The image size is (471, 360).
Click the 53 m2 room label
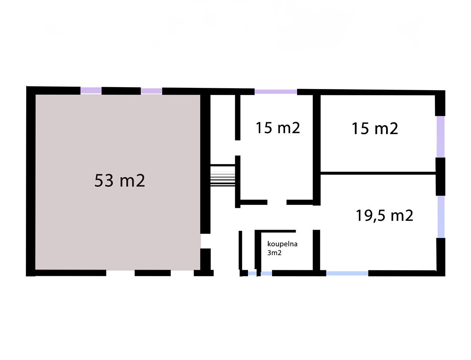(120, 181)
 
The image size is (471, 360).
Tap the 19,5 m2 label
(385, 216)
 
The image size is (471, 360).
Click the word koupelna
(282, 244)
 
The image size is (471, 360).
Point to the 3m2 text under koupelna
(274, 253)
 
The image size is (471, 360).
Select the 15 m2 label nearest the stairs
(278, 128)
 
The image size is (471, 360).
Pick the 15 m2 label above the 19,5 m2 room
(375, 129)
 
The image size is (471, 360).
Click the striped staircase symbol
(223, 175)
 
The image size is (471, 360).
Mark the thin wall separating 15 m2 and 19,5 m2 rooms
(378, 173)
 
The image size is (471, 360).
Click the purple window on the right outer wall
(440, 137)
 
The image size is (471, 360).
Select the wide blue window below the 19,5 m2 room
(347, 273)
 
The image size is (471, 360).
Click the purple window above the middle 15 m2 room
(276, 92)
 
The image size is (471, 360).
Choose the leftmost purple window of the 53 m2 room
(91, 90)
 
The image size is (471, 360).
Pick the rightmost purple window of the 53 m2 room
(151, 91)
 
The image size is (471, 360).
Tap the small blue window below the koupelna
(260, 273)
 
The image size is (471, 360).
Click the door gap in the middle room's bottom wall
(277, 202)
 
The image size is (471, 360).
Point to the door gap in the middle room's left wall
(238, 148)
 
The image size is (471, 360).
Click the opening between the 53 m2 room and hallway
(205, 241)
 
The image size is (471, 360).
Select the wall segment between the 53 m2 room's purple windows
(121, 91)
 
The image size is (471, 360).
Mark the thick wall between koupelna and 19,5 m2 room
(316, 250)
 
